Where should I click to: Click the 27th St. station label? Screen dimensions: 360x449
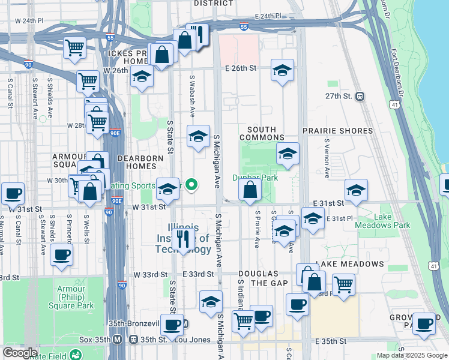(x=337, y=96)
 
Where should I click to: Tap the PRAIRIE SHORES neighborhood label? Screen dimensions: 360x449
(x=337, y=131)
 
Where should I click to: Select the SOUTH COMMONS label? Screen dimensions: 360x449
(x=262, y=133)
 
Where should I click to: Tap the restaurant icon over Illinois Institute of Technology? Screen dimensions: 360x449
(x=184, y=238)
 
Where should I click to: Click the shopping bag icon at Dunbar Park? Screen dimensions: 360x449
(x=250, y=190)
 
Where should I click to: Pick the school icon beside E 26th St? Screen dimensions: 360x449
(x=282, y=71)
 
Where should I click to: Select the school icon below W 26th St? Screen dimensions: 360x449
(x=142, y=77)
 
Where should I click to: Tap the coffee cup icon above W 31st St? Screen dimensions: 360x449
(x=13, y=193)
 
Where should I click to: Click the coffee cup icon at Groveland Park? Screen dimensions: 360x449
(x=424, y=323)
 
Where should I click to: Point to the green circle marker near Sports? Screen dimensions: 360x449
(x=191, y=185)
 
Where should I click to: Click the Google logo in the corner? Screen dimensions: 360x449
(x=19, y=353)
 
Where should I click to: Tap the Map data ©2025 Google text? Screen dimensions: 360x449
(x=412, y=355)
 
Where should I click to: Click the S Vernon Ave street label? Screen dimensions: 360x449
(x=327, y=160)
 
